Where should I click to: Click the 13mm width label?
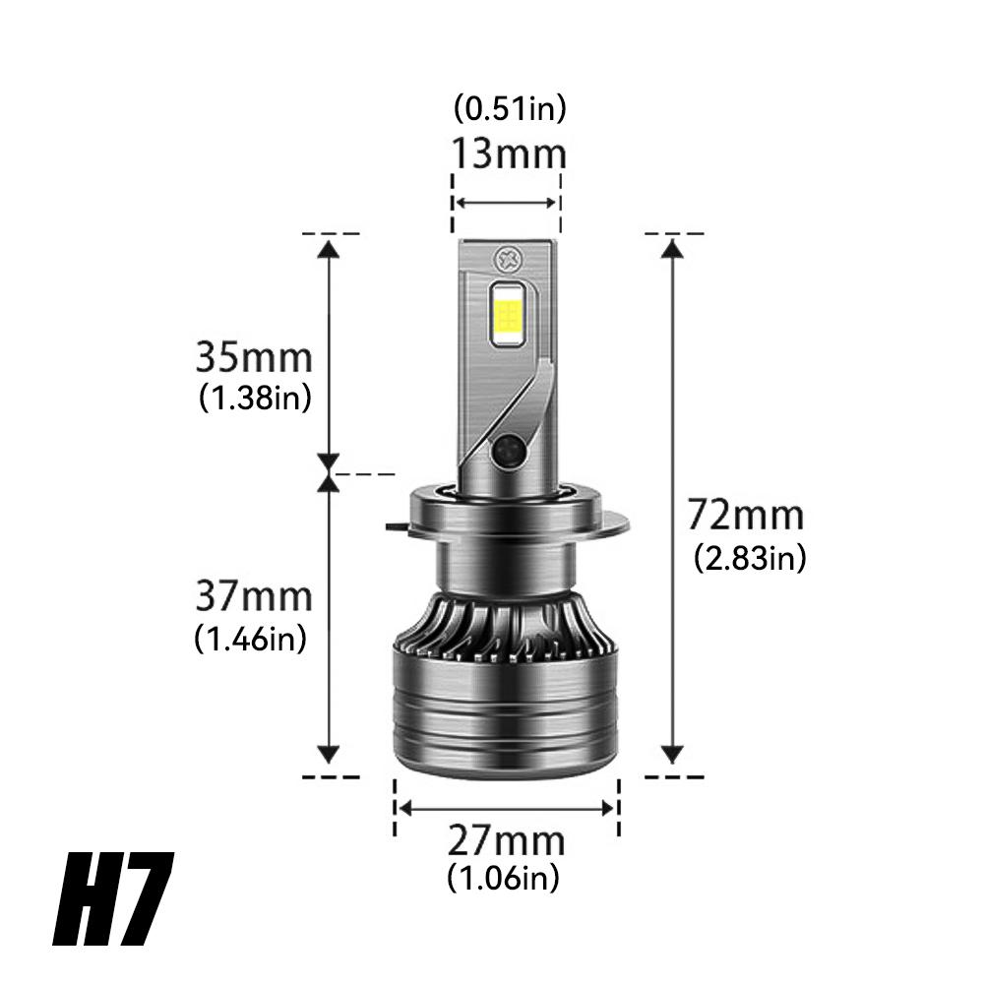(x=509, y=154)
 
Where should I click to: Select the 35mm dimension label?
(x=254, y=356)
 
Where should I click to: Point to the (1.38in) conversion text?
(x=255, y=398)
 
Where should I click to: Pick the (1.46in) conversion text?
(x=251, y=639)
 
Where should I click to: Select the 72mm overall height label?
(x=745, y=516)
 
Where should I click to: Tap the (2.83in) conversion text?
(x=750, y=559)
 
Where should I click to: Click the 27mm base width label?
(x=507, y=841)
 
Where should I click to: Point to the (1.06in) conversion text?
(x=503, y=876)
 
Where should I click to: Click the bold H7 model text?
(x=114, y=900)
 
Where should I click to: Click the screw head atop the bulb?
(x=509, y=260)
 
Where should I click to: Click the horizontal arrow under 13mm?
(x=506, y=202)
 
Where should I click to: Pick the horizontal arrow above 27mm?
(x=506, y=807)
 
